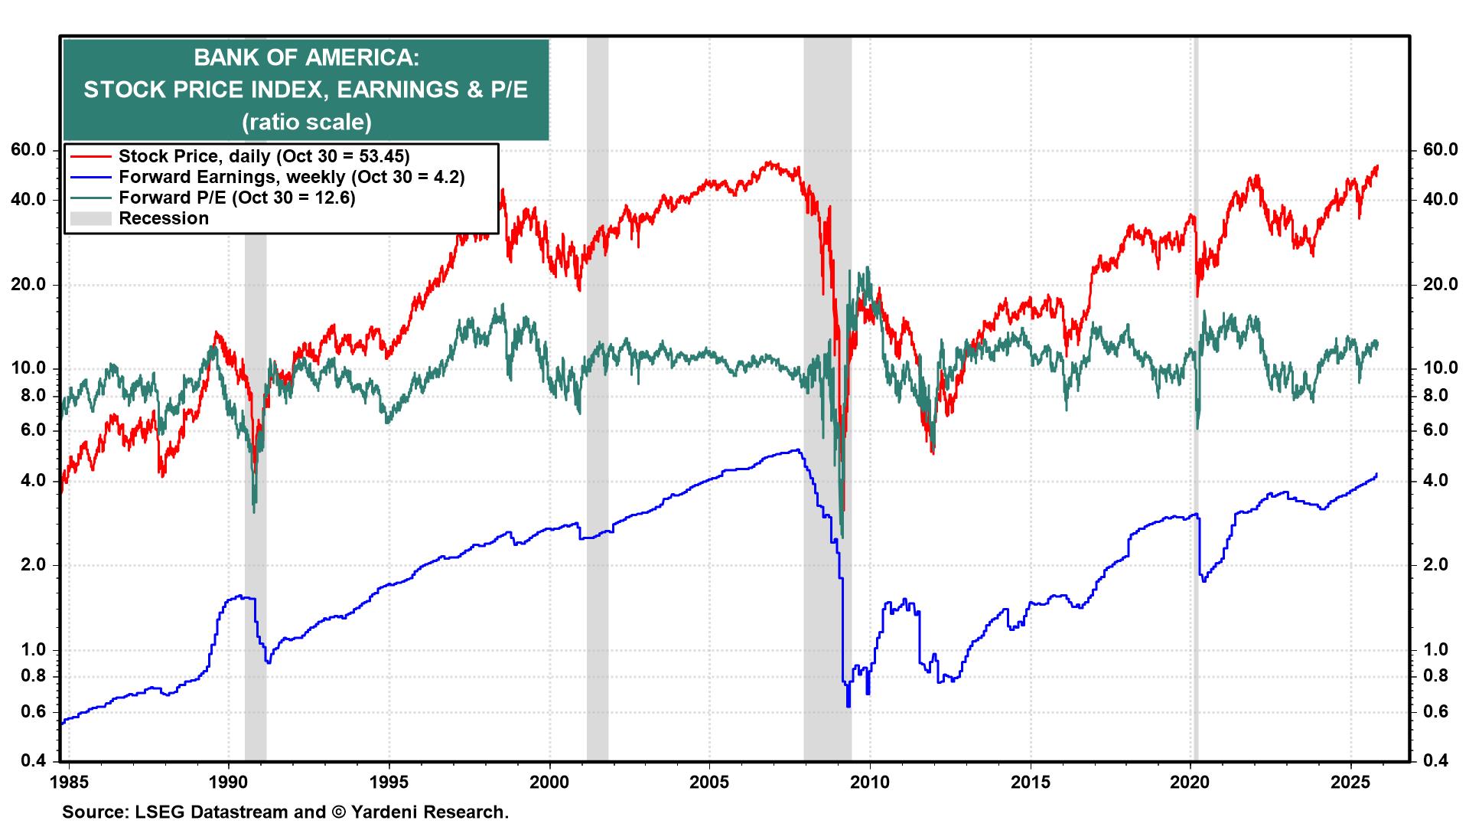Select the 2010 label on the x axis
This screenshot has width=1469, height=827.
870,783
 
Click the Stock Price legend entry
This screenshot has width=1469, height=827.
264,156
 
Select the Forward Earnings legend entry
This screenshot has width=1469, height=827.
291,177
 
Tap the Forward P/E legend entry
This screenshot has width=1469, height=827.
237,198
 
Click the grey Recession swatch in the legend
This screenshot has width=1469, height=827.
90,219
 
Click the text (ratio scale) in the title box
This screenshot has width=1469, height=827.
306,123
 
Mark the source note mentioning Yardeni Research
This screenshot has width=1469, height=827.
285,812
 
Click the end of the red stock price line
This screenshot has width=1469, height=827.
1377,166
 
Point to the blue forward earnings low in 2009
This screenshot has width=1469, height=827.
849,705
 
